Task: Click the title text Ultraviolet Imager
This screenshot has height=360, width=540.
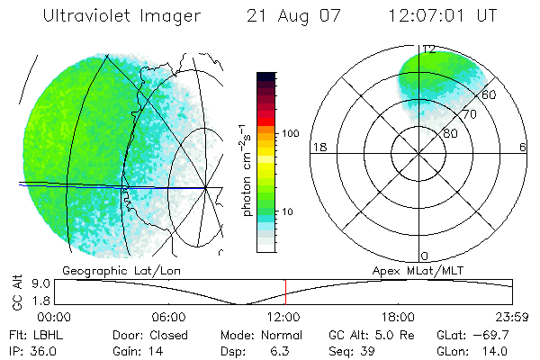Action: [x=112, y=16]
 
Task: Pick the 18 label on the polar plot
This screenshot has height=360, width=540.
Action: [x=318, y=147]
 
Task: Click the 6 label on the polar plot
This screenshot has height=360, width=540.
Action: [x=523, y=147]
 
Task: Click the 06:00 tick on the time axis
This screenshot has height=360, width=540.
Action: [x=169, y=317]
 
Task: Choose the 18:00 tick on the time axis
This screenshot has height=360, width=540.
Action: [x=398, y=317]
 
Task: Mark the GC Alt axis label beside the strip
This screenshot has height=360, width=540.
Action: [x=16, y=292]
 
